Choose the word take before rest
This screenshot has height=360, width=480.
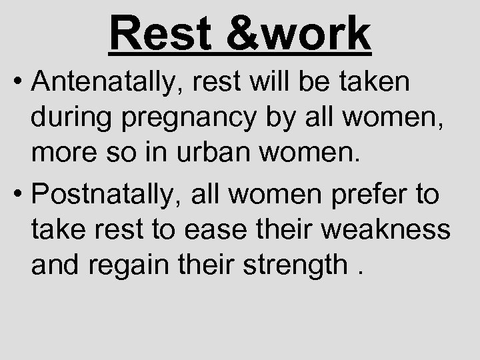click(56, 233)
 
